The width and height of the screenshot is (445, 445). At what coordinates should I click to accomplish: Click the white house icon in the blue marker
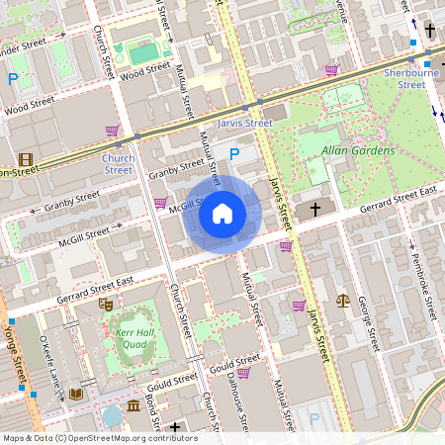pyautogui.click(x=222, y=213)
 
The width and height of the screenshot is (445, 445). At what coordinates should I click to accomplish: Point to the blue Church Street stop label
pyautogui.click(x=118, y=163)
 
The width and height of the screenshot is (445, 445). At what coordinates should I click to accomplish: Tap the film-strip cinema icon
pyautogui.click(x=25, y=159)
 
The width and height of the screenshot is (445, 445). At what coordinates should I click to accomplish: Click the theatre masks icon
pyautogui.click(x=105, y=304)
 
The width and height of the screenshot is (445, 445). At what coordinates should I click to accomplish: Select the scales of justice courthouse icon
pyautogui.click(x=342, y=300)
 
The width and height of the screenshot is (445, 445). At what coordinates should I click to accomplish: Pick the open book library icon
pyautogui.click(x=75, y=394)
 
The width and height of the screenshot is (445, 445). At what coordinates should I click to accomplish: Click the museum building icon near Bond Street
pyautogui.click(x=133, y=407)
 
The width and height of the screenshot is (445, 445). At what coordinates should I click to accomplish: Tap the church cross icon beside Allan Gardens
pyautogui.click(x=316, y=209)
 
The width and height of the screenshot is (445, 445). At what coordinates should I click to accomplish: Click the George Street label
pyautogui.click(x=368, y=322)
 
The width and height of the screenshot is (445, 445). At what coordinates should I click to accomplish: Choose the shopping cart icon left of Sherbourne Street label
pyautogui.click(x=331, y=70)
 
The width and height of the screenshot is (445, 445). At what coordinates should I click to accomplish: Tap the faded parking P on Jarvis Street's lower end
pyautogui.click(x=314, y=419)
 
